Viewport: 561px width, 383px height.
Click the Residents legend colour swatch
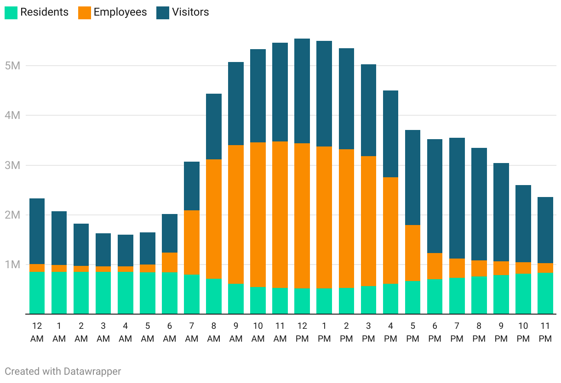[x=11, y=12]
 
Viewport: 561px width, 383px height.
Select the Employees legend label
[x=120, y=12]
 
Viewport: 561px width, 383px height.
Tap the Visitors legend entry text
[x=190, y=12]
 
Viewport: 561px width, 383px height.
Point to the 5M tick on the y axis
[x=13, y=66]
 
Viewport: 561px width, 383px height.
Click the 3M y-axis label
[x=13, y=165]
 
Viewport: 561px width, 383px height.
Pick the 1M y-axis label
[x=13, y=265]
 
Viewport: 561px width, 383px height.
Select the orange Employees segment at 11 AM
[x=280, y=215]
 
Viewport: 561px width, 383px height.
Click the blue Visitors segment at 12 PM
[x=302, y=91]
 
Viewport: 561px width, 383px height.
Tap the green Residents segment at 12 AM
[x=37, y=293]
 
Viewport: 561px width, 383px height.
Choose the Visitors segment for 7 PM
[x=457, y=198]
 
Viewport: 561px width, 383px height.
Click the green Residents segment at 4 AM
[x=126, y=293]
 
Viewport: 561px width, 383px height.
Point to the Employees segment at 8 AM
[x=214, y=219]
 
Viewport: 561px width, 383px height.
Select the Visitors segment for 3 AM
[x=103, y=250]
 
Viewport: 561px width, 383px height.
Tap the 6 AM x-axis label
[x=170, y=332]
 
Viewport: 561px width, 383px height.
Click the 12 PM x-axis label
[x=302, y=332]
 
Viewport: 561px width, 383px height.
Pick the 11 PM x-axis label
[x=545, y=332]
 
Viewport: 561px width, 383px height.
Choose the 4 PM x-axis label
[x=390, y=332]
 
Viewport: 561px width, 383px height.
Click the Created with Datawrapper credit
[x=63, y=371]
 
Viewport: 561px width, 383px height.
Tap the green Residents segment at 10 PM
[x=523, y=294]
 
